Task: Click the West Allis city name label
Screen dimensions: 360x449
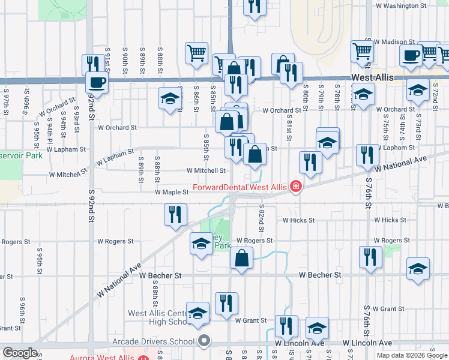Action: pos(371,79)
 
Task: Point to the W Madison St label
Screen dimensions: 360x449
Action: pos(393,42)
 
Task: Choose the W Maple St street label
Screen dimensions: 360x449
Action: pos(172,193)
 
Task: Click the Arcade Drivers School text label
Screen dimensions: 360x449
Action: pos(154,342)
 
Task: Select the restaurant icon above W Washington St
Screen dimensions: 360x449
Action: pos(255,6)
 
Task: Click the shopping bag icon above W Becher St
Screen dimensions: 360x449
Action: pos(241,259)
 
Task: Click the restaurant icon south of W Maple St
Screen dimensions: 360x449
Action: pos(175,214)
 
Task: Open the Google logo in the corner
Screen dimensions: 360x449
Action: pos(20,353)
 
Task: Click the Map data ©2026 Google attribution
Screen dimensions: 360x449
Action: pos(412,355)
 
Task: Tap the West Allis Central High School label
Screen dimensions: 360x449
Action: pos(158,318)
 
